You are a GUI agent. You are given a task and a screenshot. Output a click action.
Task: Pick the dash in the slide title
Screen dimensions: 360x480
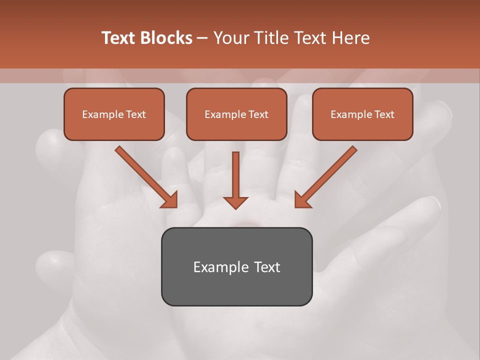point(202,38)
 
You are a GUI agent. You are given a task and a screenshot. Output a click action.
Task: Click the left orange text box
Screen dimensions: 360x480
point(114,114)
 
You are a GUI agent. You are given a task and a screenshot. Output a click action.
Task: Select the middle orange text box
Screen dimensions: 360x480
point(236,114)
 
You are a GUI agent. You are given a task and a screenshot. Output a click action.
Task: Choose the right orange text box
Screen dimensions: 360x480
point(362,114)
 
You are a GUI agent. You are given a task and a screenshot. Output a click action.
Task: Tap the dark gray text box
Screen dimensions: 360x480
point(236,266)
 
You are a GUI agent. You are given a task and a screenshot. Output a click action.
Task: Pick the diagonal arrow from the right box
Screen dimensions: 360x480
point(325,177)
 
